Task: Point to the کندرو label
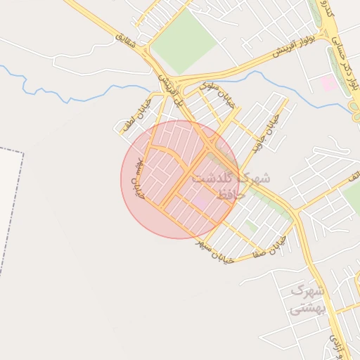pyautogui.click(x=327, y=10)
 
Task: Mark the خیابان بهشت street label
pyautogui.click(x=138, y=178)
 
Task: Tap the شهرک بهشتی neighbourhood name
pyautogui.click(x=308, y=299)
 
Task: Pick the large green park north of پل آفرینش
pyautogui.click(x=184, y=41)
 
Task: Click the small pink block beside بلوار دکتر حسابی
pyautogui.click(x=328, y=83)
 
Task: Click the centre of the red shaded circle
pyautogui.click(x=180, y=179)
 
